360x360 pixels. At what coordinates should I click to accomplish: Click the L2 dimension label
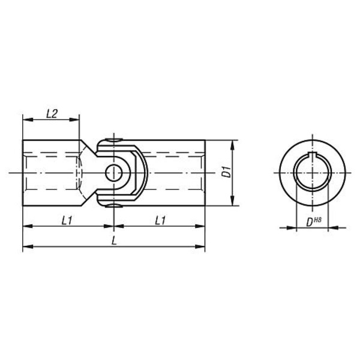point(52,114)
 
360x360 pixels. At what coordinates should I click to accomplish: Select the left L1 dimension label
point(67,221)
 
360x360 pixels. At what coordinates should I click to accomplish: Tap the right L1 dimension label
point(160,221)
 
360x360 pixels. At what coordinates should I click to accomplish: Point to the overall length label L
point(114,241)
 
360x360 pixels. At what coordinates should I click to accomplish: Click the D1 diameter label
point(227,172)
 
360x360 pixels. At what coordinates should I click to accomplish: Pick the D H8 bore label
point(314,221)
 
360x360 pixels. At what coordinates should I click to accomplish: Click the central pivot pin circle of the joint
point(113,173)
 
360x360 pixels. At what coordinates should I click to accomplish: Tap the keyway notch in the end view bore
point(312,154)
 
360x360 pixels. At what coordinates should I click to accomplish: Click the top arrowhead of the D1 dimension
point(233,145)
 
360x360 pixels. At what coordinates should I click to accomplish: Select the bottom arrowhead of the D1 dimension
point(233,200)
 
